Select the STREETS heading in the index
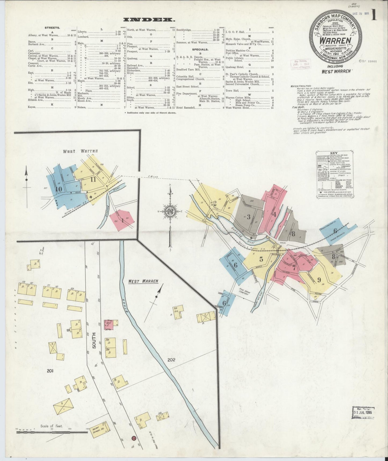(52, 27)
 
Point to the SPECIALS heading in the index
(200, 49)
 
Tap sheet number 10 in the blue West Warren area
(58, 189)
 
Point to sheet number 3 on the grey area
(248, 217)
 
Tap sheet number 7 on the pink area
(294, 268)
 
